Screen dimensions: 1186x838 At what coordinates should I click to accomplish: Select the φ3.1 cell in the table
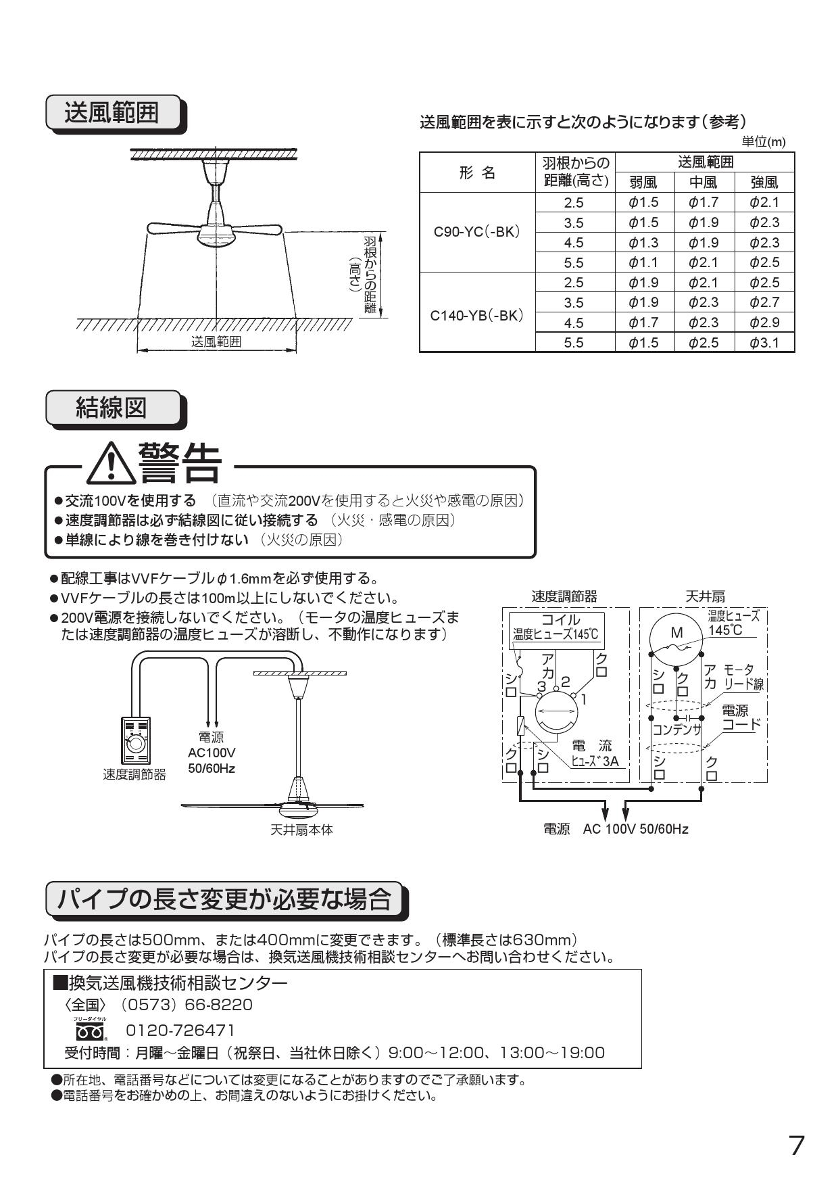(x=764, y=343)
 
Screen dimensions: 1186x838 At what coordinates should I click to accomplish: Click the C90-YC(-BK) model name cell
(x=477, y=232)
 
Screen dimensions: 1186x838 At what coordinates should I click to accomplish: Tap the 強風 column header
(x=764, y=182)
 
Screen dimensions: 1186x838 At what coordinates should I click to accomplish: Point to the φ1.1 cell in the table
(x=644, y=262)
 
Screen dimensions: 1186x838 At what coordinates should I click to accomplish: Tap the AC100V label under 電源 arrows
(x=212, y=753)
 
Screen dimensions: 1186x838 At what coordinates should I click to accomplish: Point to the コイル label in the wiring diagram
(x=560, y=619)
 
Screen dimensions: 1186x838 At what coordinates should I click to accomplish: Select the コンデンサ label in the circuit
(x=676, y=730)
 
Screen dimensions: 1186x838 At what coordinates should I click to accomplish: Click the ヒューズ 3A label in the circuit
(x=595, y=761)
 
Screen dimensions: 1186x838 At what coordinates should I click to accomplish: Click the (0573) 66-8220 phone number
(x=187, y=1005)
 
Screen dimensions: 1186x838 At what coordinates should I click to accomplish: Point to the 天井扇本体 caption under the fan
(x=301, y=829)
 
